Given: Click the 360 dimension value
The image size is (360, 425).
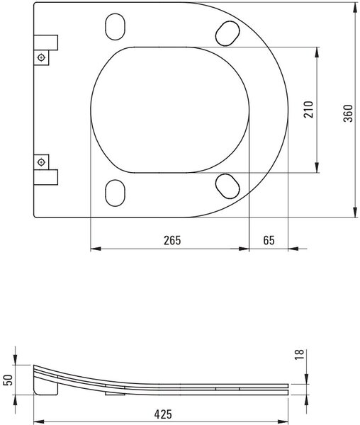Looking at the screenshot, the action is pyautogui.click(x=349, y=113).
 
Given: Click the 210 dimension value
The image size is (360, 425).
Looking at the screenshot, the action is pyautogui.click(x=308, y=110).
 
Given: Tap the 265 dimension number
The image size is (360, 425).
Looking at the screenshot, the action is pyautogui.click(x=172, y=240).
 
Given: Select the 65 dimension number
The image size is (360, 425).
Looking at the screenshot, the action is pyautogui.click(x=269, y=240).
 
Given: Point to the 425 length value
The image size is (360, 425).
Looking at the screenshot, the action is pyautogui.click(x=163, y=414).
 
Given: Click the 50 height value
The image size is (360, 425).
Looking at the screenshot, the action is pyautogui.click(x=8, y=380).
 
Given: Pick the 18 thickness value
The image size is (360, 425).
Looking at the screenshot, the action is pyautogui.click(x=299, y=355).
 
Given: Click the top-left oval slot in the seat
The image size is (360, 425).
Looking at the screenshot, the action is pyautogui.click(x=116, y=27).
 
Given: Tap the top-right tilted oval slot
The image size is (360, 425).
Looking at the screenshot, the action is pyautogui.click(x=227, y=33).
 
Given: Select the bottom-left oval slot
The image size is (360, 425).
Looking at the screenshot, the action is pyautogui.click(x=116, y=193).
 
